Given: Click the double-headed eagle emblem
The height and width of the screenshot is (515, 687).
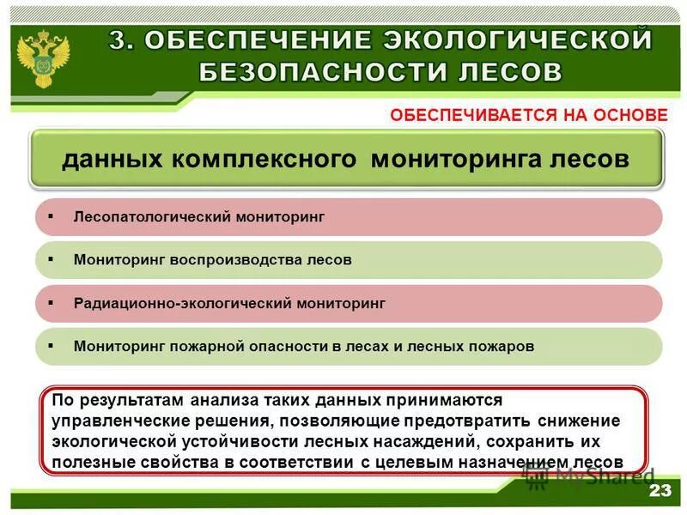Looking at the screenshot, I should pyautogui.click(x=40, y=56).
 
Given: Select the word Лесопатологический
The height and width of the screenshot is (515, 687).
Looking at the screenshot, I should pyautogui.click(x=138, y=217).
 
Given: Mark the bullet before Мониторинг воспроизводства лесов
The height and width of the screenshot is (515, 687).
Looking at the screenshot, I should pyautogui.click(x=51, y=258).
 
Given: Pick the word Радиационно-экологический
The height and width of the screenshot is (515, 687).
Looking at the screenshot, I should pyautogui.click(x=183, y=303).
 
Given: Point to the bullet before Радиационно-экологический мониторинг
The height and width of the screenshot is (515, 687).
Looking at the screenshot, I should pyautogui.click(x=51, y=302).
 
